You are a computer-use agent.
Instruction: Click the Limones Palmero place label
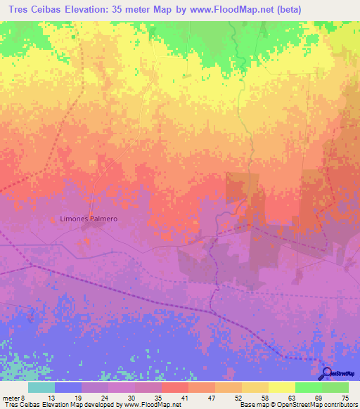pyautogui.click(x=87, y=219)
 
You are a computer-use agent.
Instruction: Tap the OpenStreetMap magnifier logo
pyautogui.click(x=326, y=373)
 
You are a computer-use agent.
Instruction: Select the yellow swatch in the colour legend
pyautogui.click(x=281, y=387)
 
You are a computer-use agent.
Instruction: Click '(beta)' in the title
pyautogui.click(x=305, y=9)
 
